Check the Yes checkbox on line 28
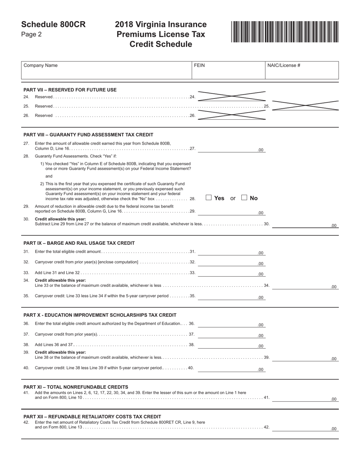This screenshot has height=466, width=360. click(208, 197)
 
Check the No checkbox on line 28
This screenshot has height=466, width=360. click(244, 197)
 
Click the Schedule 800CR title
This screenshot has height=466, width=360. click(53, 25)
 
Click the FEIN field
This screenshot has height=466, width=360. click(228, 70)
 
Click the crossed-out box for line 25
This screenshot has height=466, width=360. click(305, 105)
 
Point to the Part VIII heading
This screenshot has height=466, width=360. click(88, 134)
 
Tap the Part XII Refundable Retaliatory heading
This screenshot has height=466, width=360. click(92, 416)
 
